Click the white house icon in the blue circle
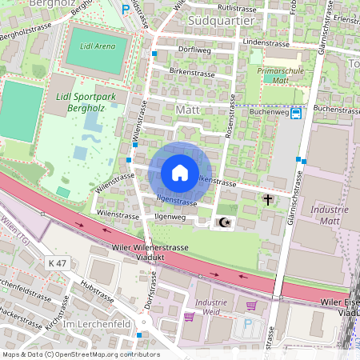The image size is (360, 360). tap(180, 173)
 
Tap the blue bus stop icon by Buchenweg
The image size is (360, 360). tap(296, 113)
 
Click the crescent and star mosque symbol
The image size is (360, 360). tap(225, 222)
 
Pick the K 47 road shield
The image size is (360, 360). tap(58, 262)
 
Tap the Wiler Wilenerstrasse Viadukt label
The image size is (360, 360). tap(151, 253)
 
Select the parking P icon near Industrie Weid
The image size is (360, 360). tap(247, 325)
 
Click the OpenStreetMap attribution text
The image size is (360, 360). tap(80, 354)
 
